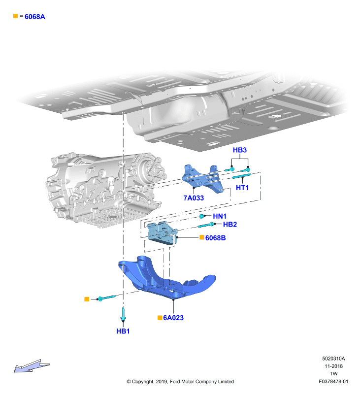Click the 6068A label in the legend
(x=34, y=17)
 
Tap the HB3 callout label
(x=240, y=150)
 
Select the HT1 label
(x=242, y=188)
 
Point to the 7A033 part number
(x=194, y=198)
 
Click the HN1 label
(x=220, y=216)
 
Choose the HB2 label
(x=230, y=225)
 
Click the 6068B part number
(x=215, y=238)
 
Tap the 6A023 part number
(x=173, y=318)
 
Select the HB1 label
(x=123, y=331)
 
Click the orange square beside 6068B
(x=202, y=237)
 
